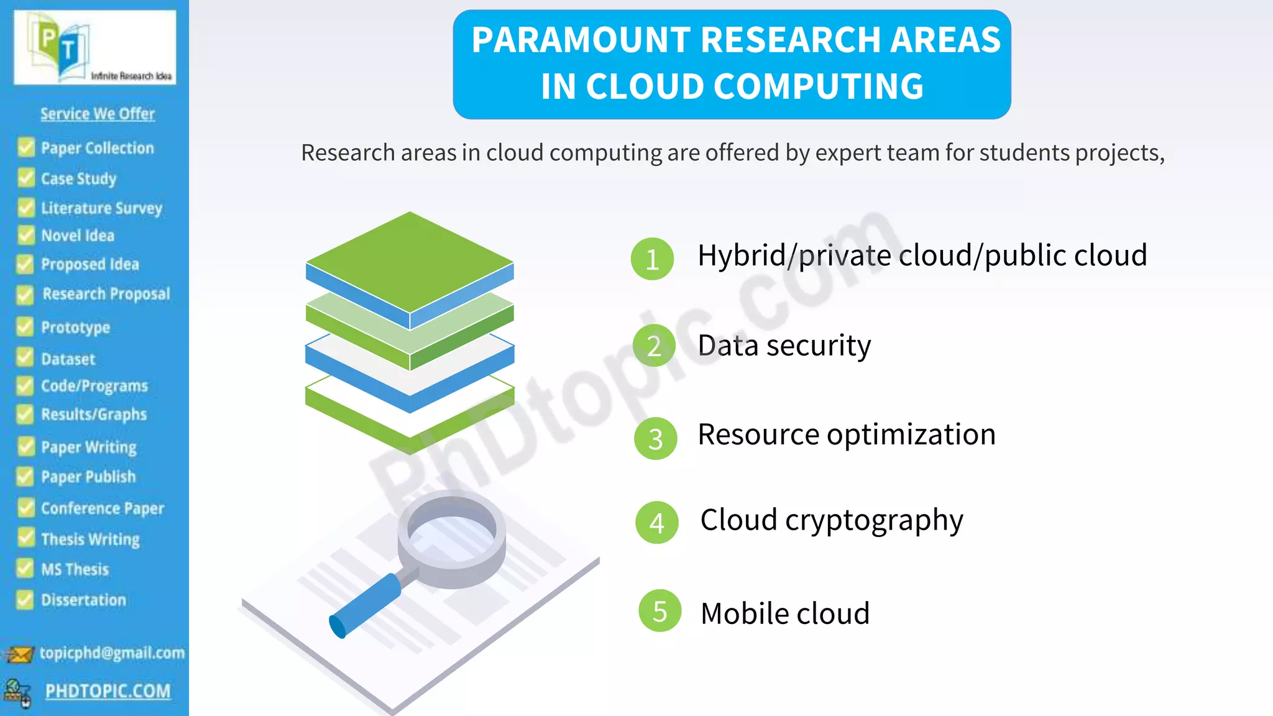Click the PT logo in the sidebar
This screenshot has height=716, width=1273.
click(x=94, y=47)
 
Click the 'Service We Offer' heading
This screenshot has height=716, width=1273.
click(x=98, y=114)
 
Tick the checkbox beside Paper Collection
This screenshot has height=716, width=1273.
click(x=26, y=148)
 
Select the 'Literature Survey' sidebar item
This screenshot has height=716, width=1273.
click(x=101, y=208)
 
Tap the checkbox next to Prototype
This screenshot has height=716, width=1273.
click(x=25, y=327)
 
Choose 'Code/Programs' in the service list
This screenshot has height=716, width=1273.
click(x=94, y=386)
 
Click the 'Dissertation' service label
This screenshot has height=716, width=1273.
click(x=83, y=600)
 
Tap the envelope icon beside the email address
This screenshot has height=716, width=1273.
click(x=19, y=654)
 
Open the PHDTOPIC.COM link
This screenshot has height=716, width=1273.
click(x=108, y=691)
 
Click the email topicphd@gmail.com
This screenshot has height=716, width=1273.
click(x=112, y=653)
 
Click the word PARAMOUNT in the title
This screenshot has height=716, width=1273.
click(x=581, y=40)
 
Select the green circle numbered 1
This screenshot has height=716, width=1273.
click(x=652, y=259)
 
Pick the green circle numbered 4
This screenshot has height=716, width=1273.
click(x=656, y=523)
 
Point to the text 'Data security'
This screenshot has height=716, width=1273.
click(x=784, y=346)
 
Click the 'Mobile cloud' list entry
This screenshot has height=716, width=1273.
click(x=784, y=613)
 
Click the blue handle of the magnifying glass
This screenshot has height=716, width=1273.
click(x=365, y=605)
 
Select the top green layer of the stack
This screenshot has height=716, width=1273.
click(x=410, y=261)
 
